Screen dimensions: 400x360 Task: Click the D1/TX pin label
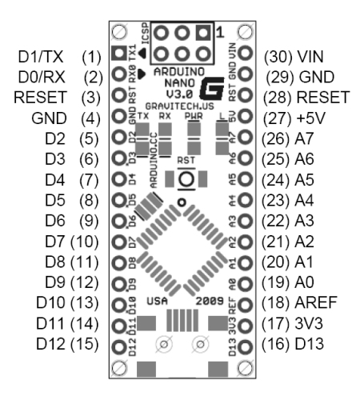point(37,58)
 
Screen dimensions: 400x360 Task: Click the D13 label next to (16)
point(314,346)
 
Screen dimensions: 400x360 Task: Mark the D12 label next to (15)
point(50,346)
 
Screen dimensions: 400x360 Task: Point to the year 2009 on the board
point(211,302)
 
